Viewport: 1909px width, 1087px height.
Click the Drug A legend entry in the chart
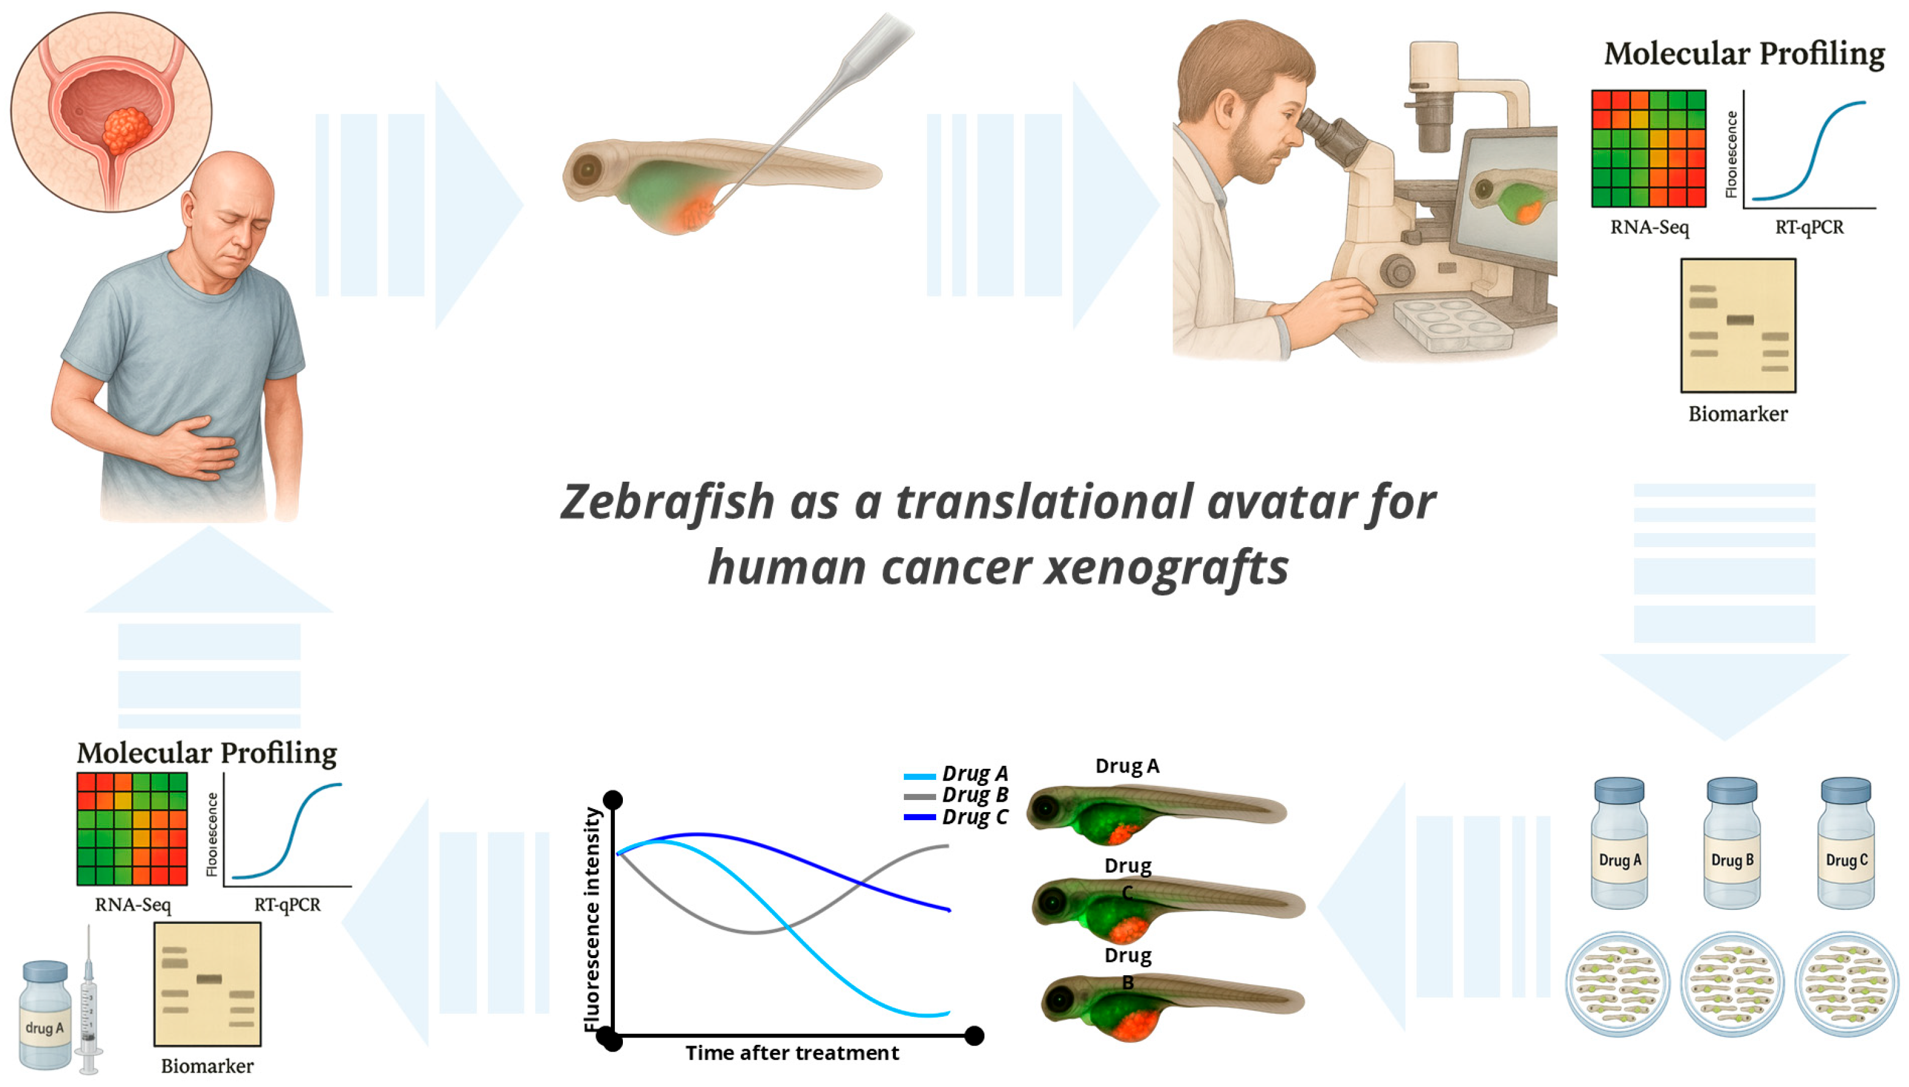[956, 774]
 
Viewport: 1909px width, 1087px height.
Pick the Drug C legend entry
[956, 816]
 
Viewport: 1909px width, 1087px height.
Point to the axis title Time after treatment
[792, 1053]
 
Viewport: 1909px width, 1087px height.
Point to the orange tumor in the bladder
[126, 130]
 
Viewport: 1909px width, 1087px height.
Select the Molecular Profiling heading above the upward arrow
[207, 752]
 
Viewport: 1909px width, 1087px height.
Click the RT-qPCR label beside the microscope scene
[1809, 227]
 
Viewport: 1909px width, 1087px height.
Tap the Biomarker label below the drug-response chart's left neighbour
[207, 1066]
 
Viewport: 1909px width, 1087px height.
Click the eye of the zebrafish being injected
[587, 170]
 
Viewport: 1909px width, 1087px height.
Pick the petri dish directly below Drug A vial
[1618, 983]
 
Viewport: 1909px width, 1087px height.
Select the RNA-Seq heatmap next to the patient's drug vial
[132, 829]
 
